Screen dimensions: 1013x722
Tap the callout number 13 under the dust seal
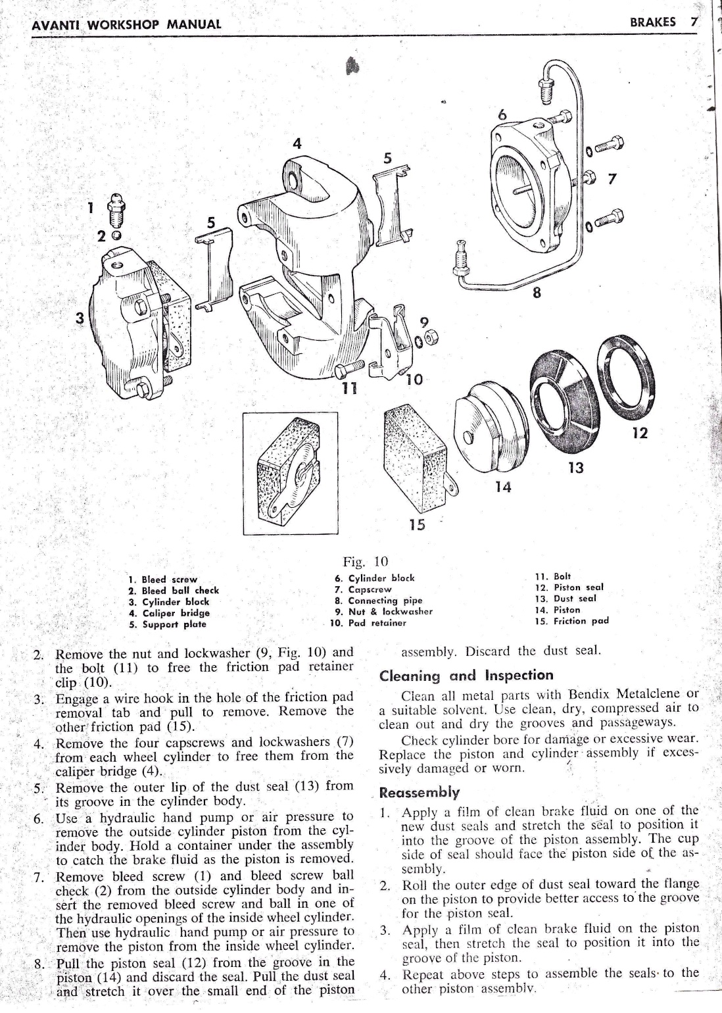pyautogui.click(x=575, y=468)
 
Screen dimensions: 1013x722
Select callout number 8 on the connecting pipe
pyautogui.click(x=537, y=293)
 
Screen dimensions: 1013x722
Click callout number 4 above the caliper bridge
pyautogui.click(x=297, y=144)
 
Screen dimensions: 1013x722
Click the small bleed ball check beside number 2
pyautogui.click(x=116, y=235)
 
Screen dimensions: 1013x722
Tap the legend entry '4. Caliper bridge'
pyautogui.click(x=169, y=612)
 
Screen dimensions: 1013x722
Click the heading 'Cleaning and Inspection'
pyautogui.click(x=467, y=676)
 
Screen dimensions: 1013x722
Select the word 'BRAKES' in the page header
pyautogui.click(x=652, y=22)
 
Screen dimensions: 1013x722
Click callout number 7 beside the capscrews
pyautogui.click(x=614, y=179)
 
